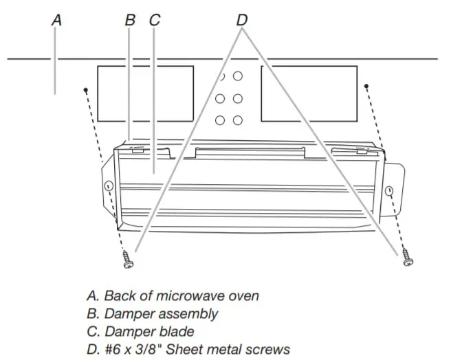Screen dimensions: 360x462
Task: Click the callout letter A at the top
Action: point(57,21)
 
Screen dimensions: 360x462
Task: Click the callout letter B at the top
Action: point(131,21)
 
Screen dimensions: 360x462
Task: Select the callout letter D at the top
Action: point(241,21)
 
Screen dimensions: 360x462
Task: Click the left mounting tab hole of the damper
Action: point(108,185)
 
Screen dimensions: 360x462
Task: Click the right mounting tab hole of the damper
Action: point(389,191)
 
